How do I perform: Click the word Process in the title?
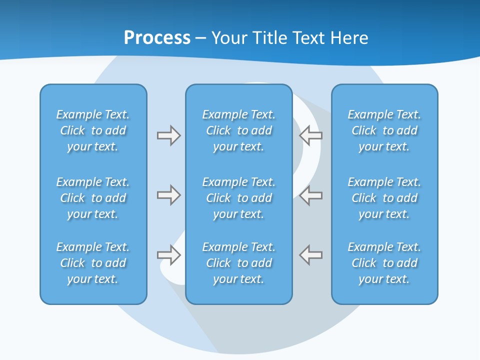pyautogui.click(x=157, y=38)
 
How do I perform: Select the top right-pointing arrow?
pyautogui.click(x=168, y=135)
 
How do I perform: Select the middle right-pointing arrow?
pyautogui.click(x=168, y=195)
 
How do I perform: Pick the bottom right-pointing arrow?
pyautogui.click(x=168, y=255)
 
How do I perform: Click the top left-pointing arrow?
pyautogui.click(x=310, y=135)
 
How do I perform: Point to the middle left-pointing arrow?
pyautogui.click(x=310, y=195)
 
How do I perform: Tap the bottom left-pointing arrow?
pyautogui.click(x=310, y=255)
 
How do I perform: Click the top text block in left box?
pyautogui.click(x=93, y=130)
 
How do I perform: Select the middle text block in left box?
pyautogui.click(x=93, y=198)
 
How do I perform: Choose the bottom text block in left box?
pyautogui.click(x=93, y=263)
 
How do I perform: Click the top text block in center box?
pyautogui.click(x=239, y=130)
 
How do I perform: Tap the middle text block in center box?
pyautogui.click(x=239, y=198)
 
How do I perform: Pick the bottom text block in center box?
pyautogui.click(x=239, y=263)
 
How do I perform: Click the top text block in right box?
pyautogui.click(x=384, y=130)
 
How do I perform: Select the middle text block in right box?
pyautogui.click(x=384, y=198)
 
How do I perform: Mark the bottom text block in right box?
pyautogui.click(x=384, y=263)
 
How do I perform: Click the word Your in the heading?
pyautogui.click(x=228, y=38)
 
